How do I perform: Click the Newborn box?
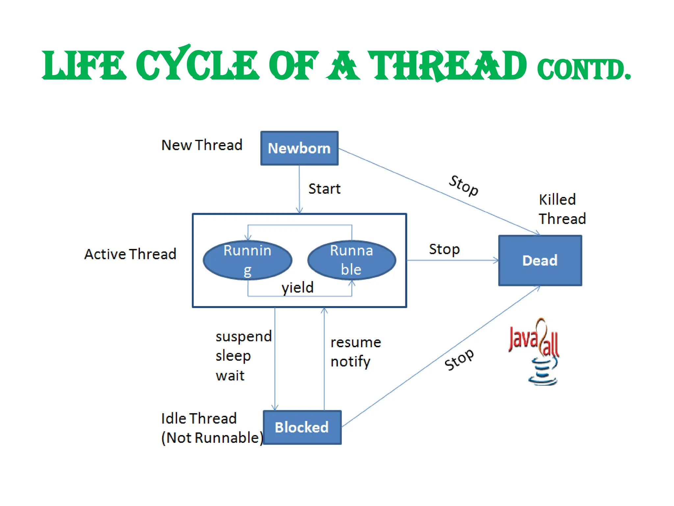299,148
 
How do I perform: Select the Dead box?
540,260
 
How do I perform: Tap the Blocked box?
302,427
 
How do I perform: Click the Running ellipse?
247,260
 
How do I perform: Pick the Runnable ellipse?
351,260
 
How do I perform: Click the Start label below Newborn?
324,189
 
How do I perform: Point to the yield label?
298,288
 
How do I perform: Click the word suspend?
244,337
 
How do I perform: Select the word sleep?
233,356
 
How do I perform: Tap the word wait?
230,376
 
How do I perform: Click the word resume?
356,343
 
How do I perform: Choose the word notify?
350,362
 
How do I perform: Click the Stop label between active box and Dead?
444,249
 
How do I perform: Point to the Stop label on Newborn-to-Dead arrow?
464,185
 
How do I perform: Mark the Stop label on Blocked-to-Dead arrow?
459,359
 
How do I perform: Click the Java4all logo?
535,351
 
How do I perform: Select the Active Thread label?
130,254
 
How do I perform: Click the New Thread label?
202,145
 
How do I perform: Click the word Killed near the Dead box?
557,200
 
